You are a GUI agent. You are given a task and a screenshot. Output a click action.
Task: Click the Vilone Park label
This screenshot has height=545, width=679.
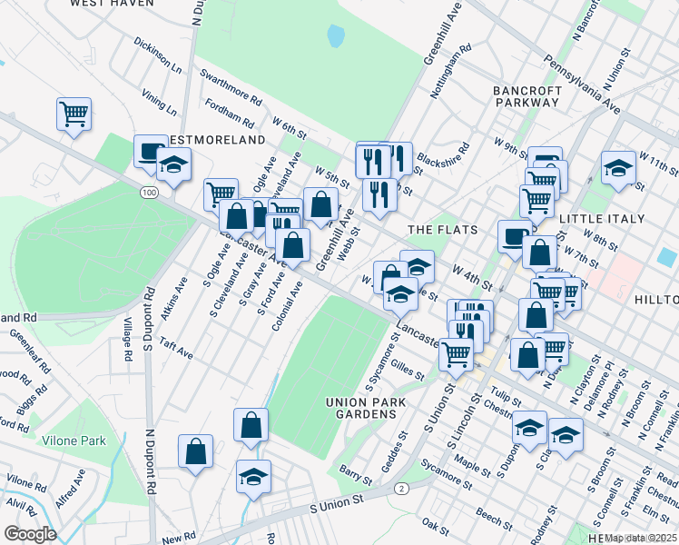tap(74, 441)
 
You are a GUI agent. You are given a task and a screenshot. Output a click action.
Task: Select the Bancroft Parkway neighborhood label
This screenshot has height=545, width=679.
tap(526, 96)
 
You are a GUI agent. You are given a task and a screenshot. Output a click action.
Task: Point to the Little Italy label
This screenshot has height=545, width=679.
tap(602, 219)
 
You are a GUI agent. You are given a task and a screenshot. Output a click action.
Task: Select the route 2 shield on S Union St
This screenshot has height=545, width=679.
tap(399, 489)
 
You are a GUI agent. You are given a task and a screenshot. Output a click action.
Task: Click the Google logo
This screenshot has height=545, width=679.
tap(29, 534)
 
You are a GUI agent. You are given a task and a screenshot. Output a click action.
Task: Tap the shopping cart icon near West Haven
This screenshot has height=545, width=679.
tap(74, 114)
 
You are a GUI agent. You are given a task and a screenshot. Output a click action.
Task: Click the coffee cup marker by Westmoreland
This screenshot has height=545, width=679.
tap(150, 151)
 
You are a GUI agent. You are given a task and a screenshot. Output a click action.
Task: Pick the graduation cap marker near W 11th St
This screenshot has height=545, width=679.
tap(618, 168)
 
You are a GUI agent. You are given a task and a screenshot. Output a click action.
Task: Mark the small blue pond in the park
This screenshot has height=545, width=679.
tap(336, 36)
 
